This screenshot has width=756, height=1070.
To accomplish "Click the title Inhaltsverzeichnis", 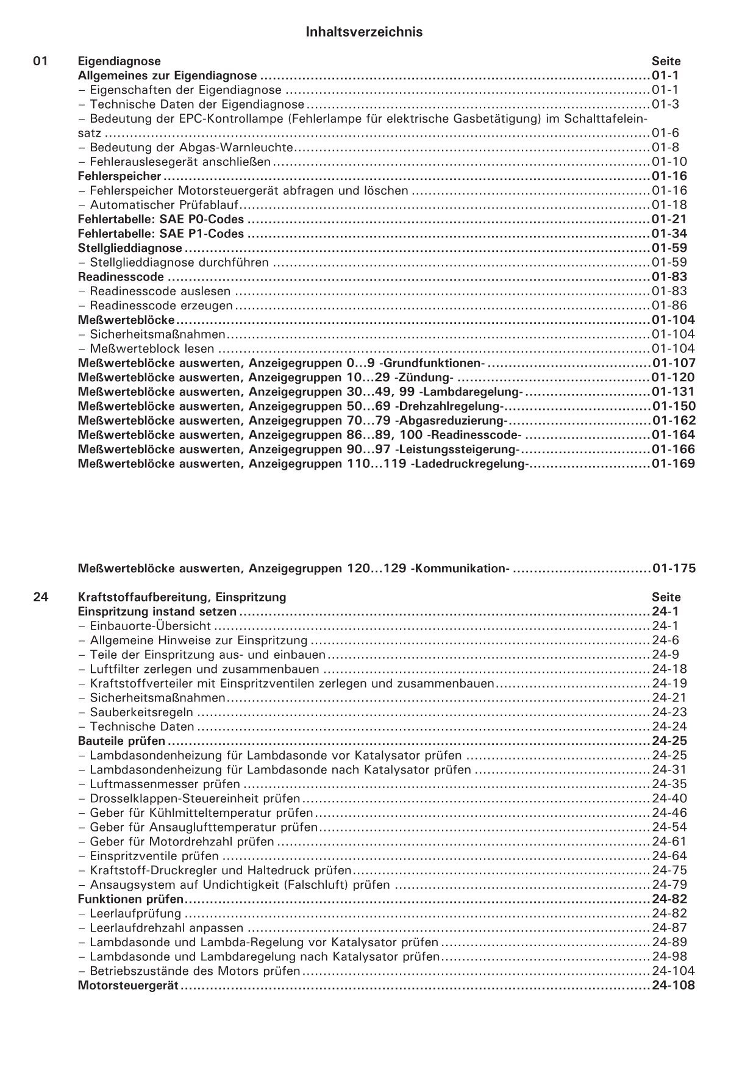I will (364, 32).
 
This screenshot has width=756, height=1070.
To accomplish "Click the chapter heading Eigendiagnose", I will (119, 61).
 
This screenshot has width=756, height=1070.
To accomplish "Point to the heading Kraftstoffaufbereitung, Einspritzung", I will (182, 597).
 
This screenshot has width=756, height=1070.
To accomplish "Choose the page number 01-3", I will (665, 104).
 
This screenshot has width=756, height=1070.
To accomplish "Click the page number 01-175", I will (674, 569).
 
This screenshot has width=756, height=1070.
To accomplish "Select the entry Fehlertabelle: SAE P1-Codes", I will (161, 234).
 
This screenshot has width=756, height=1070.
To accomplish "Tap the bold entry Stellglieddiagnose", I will (130, 248).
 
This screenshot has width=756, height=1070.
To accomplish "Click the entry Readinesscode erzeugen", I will (161, 306).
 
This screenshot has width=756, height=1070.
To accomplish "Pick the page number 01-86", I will (669, 306).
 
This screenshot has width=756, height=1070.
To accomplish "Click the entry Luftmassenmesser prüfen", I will (165, 785).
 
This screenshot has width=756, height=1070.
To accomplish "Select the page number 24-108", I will (673, 986).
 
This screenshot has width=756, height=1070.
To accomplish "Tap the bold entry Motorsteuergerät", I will (128, 986).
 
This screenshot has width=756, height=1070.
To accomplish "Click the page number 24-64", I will (669, 856).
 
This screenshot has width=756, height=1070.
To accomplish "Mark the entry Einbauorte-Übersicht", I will (150, 626).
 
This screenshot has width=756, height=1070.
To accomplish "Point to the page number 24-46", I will (669, 813).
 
